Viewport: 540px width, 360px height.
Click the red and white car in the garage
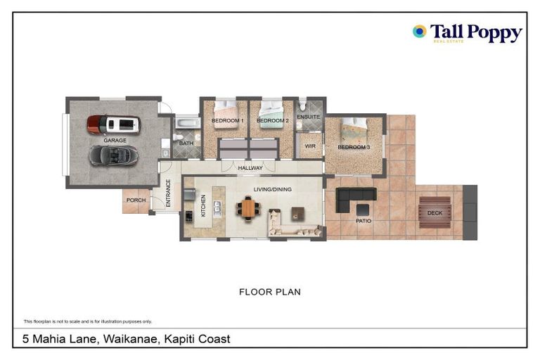(x=113, y=124)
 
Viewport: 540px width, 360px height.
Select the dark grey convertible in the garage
(x=113, y=155)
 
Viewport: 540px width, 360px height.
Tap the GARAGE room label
(x=115, y=141)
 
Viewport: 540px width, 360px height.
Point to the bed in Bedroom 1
(x=226, y=109)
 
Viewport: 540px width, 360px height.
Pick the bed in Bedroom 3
(x=354, y=128)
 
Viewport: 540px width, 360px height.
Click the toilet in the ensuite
(x=303, y=106)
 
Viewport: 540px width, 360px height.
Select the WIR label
(x=309, y=146)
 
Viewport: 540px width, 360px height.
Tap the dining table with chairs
(x=247, y=208)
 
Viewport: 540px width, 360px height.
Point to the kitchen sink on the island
(x=218, y=207)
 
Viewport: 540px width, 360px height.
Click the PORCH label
(x=136, y=200)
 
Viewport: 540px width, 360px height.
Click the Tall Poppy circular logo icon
(x=419, y=31)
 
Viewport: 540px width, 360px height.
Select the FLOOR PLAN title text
(x=269, y=292)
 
